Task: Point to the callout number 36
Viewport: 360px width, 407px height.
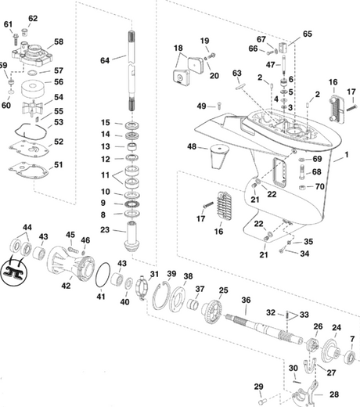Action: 246,300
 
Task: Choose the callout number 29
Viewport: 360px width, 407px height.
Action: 258,385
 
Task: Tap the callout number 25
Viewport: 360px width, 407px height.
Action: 223,290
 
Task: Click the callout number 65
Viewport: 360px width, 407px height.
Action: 307,34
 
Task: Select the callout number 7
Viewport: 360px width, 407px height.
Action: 351,338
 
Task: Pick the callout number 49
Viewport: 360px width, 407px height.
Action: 201,106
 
